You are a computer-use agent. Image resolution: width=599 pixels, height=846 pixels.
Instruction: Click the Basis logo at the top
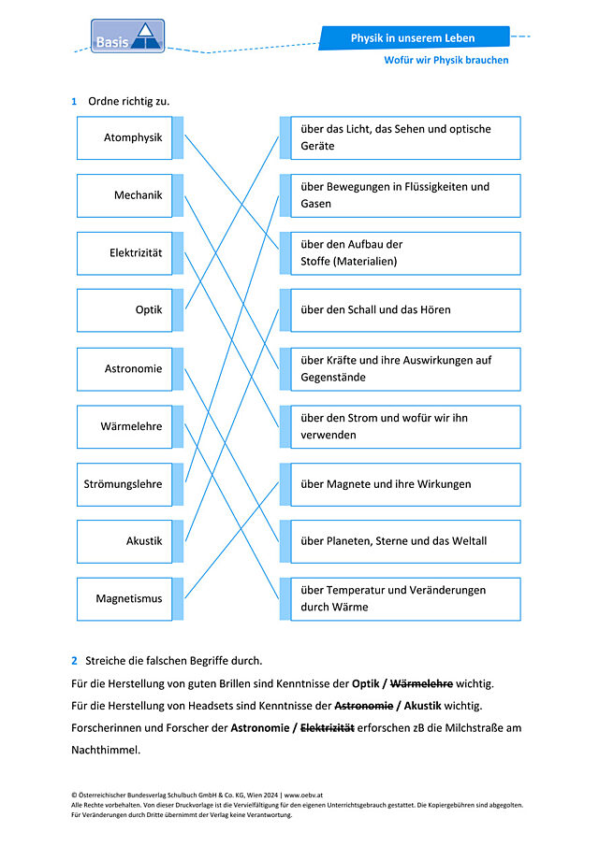pyautogui.click(x=127, y=36)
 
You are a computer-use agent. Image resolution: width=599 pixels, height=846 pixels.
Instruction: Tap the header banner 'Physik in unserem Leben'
pyautogui.click(x=414, y=37)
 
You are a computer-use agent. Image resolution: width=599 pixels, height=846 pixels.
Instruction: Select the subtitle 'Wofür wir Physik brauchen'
pyautogui.click(x=446, y=60)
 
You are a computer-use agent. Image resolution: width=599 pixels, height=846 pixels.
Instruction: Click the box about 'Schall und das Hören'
pyautogui.click(x=405, y=310)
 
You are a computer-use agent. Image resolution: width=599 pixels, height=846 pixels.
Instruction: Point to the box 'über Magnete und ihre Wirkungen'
pyautogui.click(x=405, y=484)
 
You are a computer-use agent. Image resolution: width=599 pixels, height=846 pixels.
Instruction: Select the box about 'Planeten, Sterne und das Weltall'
pyautogui.click(x=405, y=541)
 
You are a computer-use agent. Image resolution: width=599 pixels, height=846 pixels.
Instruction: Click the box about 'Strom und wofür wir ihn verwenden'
pyautogui.click(x=405, y=427)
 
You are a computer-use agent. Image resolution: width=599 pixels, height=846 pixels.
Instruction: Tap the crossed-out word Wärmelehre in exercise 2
pyautogui.click(x=421, y=683)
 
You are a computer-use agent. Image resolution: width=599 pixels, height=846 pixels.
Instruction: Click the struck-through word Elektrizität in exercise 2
pyautogui.click(x=328, y=728)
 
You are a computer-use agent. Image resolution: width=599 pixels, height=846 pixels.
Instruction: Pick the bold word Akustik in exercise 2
pyautogui.click(x=422, y=706)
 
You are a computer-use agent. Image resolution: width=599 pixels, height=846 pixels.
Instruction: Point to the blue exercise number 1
pyautogui.click(x=74, y=102)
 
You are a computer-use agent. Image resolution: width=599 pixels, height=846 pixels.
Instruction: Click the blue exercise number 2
pyautogui.click(x=74, y=661)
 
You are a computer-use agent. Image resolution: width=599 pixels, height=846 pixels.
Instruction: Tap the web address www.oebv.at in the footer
pyautogui.click(x=303, y=795)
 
